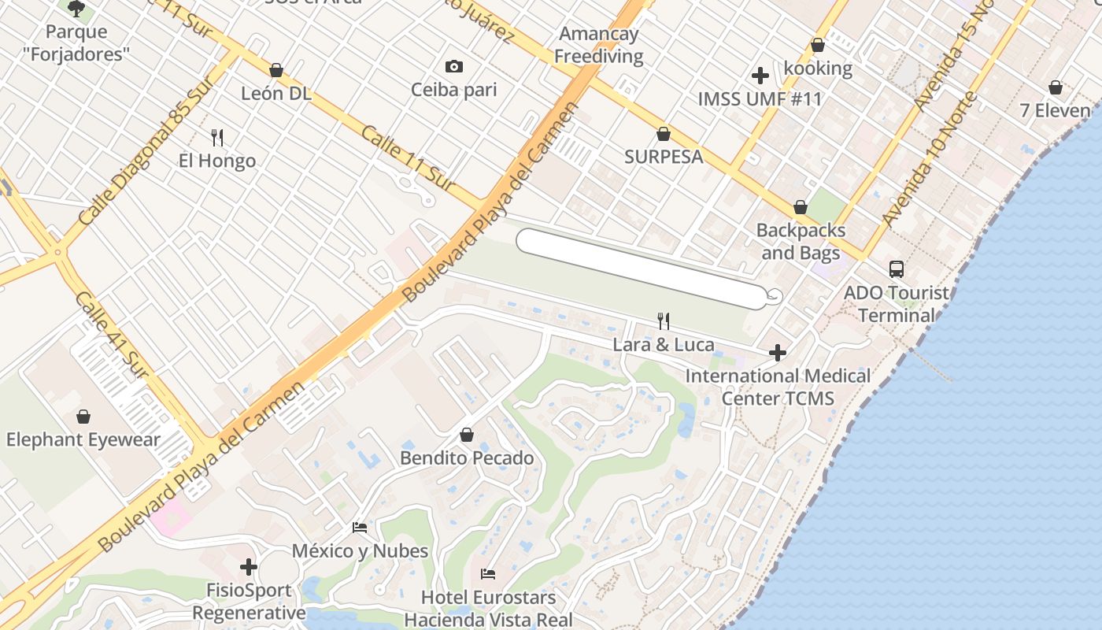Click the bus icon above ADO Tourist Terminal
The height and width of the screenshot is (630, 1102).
coord(897,269)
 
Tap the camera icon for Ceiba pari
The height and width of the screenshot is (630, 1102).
coord(453,66)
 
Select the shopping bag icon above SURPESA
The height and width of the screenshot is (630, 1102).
coord(664,134)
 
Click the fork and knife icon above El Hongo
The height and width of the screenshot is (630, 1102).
coord(217,138)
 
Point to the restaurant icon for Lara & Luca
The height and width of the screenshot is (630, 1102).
coord(664,321)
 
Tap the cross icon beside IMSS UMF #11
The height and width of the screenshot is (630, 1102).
coord(760,76)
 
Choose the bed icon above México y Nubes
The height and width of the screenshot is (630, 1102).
coord(360,527)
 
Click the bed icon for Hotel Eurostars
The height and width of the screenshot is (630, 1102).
coord(488,574)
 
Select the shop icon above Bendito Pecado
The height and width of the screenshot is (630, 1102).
coord(467,435)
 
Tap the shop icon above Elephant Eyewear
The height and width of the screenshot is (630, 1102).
coord(83,417)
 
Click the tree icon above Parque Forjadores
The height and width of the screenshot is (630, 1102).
coord(76,9)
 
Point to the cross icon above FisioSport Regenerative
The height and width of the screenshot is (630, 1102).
coord(249,566)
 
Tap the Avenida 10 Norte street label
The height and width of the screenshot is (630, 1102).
coord(930,161)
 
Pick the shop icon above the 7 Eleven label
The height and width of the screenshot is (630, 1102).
coord(1056,87)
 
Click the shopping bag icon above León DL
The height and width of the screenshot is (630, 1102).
coord(275,70)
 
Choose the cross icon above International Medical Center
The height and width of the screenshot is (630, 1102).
coord(778,353)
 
